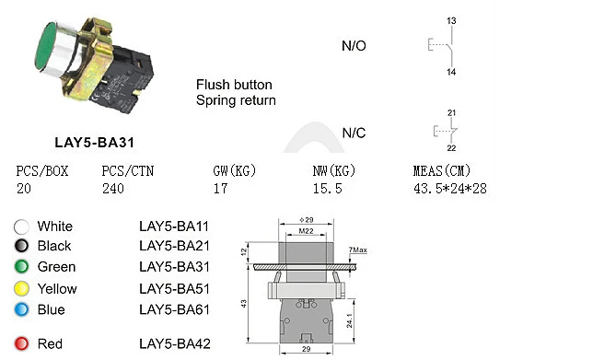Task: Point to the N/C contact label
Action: tap(354, 133)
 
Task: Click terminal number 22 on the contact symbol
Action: tap(451, 148)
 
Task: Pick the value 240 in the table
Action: tap(113, 188)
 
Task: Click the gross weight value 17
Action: tap(220, 188)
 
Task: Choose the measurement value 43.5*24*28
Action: tap(450, 188)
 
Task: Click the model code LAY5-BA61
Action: tap(174, 310)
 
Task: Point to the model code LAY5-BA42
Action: tap(174, 344)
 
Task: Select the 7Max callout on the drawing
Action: tap(357, 250)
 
